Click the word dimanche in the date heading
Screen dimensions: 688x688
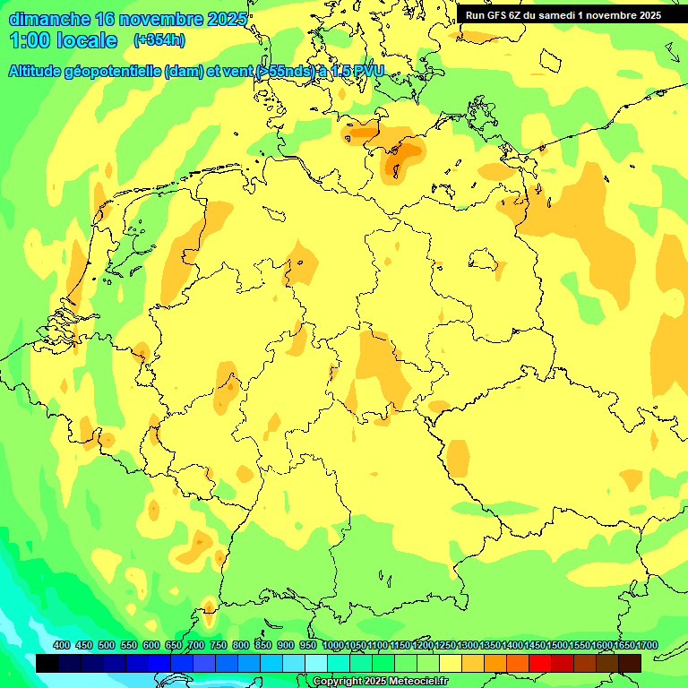click(49, 19)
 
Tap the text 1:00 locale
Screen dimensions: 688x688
click(64, 40)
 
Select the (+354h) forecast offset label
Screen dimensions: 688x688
click(159, 40)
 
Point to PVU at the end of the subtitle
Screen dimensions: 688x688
click(368, 71)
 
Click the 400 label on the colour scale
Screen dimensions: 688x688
click(62, 646)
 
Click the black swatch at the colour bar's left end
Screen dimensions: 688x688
click(47, 663)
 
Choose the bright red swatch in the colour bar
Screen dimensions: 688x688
click(540, 663)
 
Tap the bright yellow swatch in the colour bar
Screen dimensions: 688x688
click(451, 663)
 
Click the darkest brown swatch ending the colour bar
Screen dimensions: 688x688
click(630, 663)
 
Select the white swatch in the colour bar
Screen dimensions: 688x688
click(316, 663)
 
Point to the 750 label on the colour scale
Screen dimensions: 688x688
click(219, 646)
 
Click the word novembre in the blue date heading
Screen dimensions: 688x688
click(158, 19)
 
